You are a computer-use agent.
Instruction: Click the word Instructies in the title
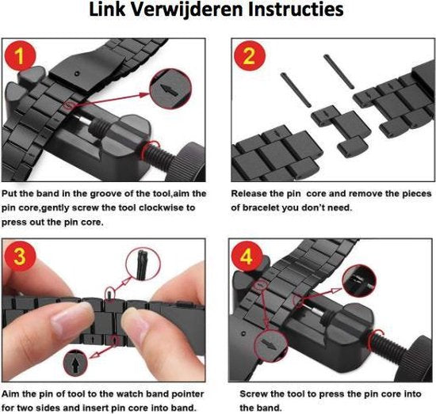click(296, 9)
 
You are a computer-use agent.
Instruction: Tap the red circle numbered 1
click(20, 56)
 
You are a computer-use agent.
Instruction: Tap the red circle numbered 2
click(250, 56)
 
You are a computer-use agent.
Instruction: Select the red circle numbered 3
click(20, 256)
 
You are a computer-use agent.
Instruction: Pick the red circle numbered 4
click(247, 256)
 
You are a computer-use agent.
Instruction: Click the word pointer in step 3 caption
click(188, 394)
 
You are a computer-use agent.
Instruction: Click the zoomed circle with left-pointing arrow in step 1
click(170, 89)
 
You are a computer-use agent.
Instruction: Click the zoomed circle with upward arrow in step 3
click(75, 363)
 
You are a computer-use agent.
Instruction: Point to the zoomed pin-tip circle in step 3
click(143, 264)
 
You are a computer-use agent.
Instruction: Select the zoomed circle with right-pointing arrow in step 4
click(270, 346)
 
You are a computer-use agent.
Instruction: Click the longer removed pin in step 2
click(338, 71)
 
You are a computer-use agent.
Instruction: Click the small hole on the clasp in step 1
click(78, 74)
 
